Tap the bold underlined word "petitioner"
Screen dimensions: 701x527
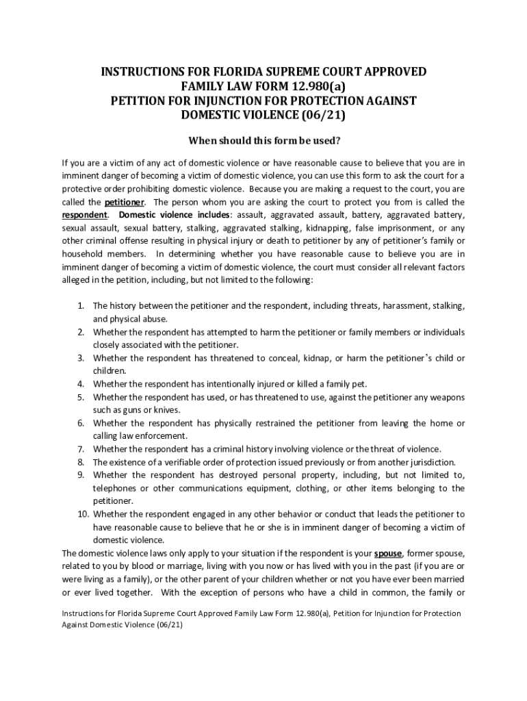[x=124, y=203]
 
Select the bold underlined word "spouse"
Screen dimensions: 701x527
[x=387, y=552]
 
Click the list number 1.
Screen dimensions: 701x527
[x=80, y=306]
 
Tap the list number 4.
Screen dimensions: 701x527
[x=80, y=384]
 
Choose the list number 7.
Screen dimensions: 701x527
[x=80, y=449]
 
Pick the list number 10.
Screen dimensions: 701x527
[x=82, y=513]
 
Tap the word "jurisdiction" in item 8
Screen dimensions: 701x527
[x=430, y=462]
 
